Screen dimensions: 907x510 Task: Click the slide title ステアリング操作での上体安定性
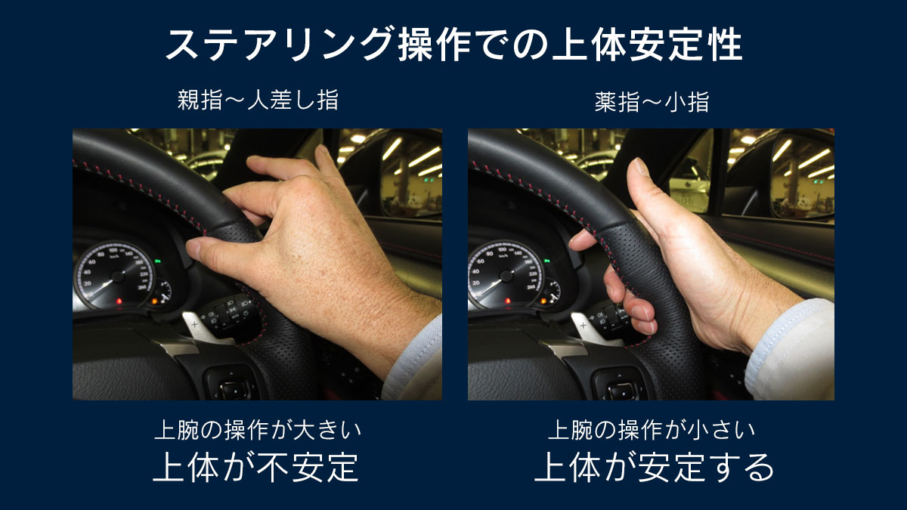[453, 45]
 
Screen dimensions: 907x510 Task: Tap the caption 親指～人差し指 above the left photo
[258, 100]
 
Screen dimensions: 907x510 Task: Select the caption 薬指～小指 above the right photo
[652, 102]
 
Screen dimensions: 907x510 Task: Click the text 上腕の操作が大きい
[258, 430]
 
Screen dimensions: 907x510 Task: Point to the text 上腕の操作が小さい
[651, 430]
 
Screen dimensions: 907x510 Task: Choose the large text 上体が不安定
[256, 467]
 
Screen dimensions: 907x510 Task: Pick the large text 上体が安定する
[654, 467]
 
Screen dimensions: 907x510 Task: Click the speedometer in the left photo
[115, 275]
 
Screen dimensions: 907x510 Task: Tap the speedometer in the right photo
[506, 274]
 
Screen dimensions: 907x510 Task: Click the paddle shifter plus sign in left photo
[195, 324]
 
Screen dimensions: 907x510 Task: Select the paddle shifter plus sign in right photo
[584, 326]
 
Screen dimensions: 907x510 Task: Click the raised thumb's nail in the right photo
[641, 166]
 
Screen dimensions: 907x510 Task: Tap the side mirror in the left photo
[410, 174]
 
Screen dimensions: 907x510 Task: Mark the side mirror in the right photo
[802, 174]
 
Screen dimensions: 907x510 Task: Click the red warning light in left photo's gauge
[119, 301]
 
